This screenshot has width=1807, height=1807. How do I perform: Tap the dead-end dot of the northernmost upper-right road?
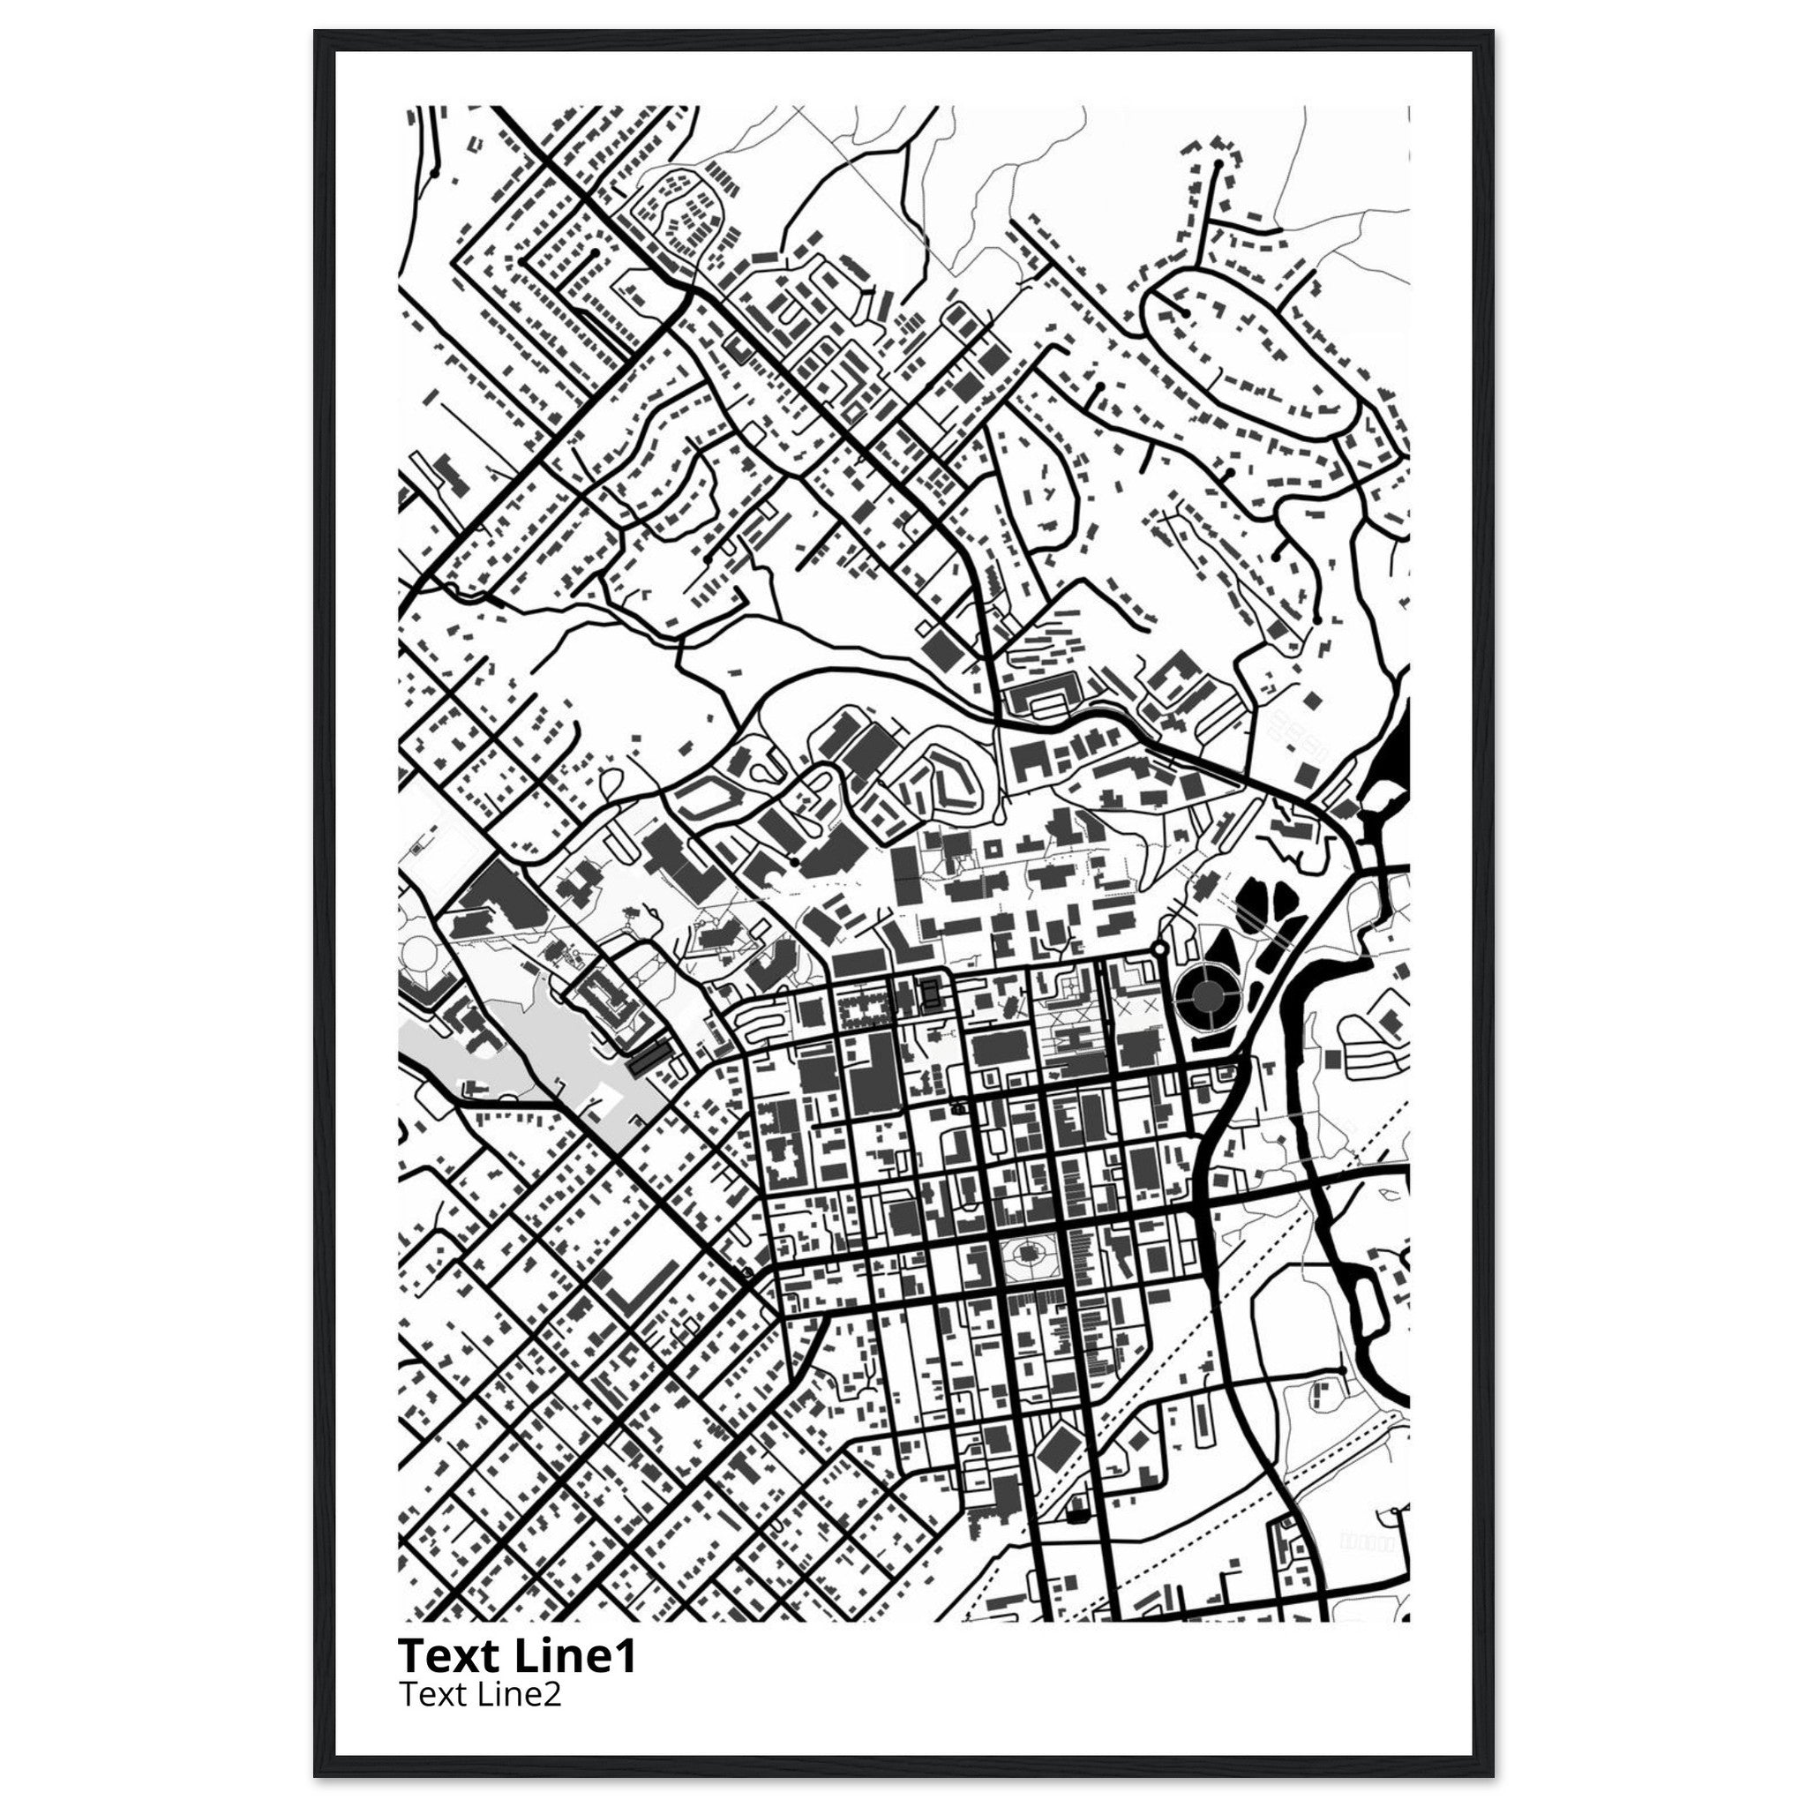pyautogui.click(x=1218, y=165)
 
